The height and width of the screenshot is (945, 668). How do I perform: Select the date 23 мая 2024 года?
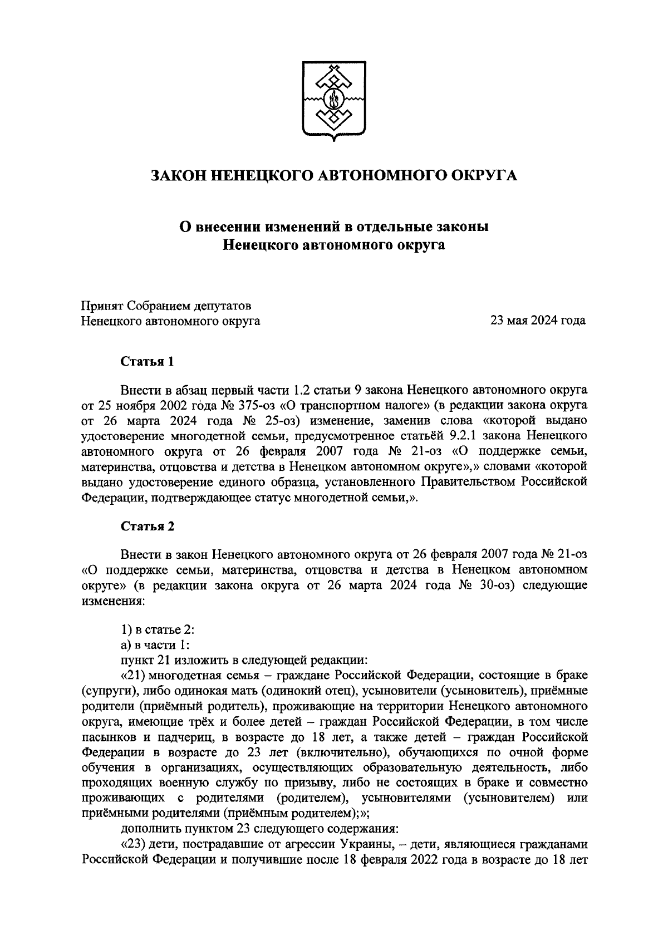[537, 321]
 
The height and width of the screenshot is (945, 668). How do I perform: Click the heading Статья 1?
[148, 361]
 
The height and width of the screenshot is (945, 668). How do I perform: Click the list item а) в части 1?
[156, 645]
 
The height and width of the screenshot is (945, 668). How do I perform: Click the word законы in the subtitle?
[459, 228]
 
